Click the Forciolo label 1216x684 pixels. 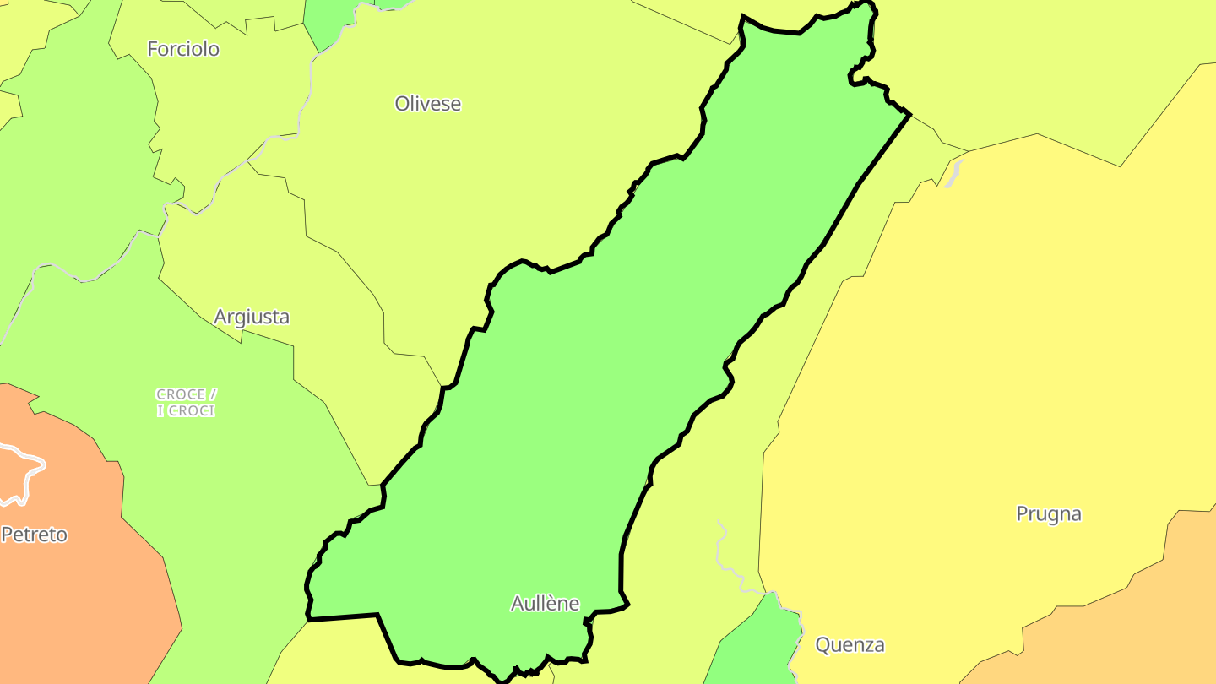183,49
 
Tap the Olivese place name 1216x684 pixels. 428,104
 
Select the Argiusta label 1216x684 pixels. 252,317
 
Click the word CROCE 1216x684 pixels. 181,394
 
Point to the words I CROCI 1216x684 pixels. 187,411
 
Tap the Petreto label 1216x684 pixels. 34,535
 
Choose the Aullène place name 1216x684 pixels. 546,603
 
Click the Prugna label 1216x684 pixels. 1049,513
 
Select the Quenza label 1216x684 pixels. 850,645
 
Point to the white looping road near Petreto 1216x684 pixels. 25,473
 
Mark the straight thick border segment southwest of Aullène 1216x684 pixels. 342,617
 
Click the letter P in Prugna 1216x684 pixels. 1023,513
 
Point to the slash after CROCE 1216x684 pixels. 214,394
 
